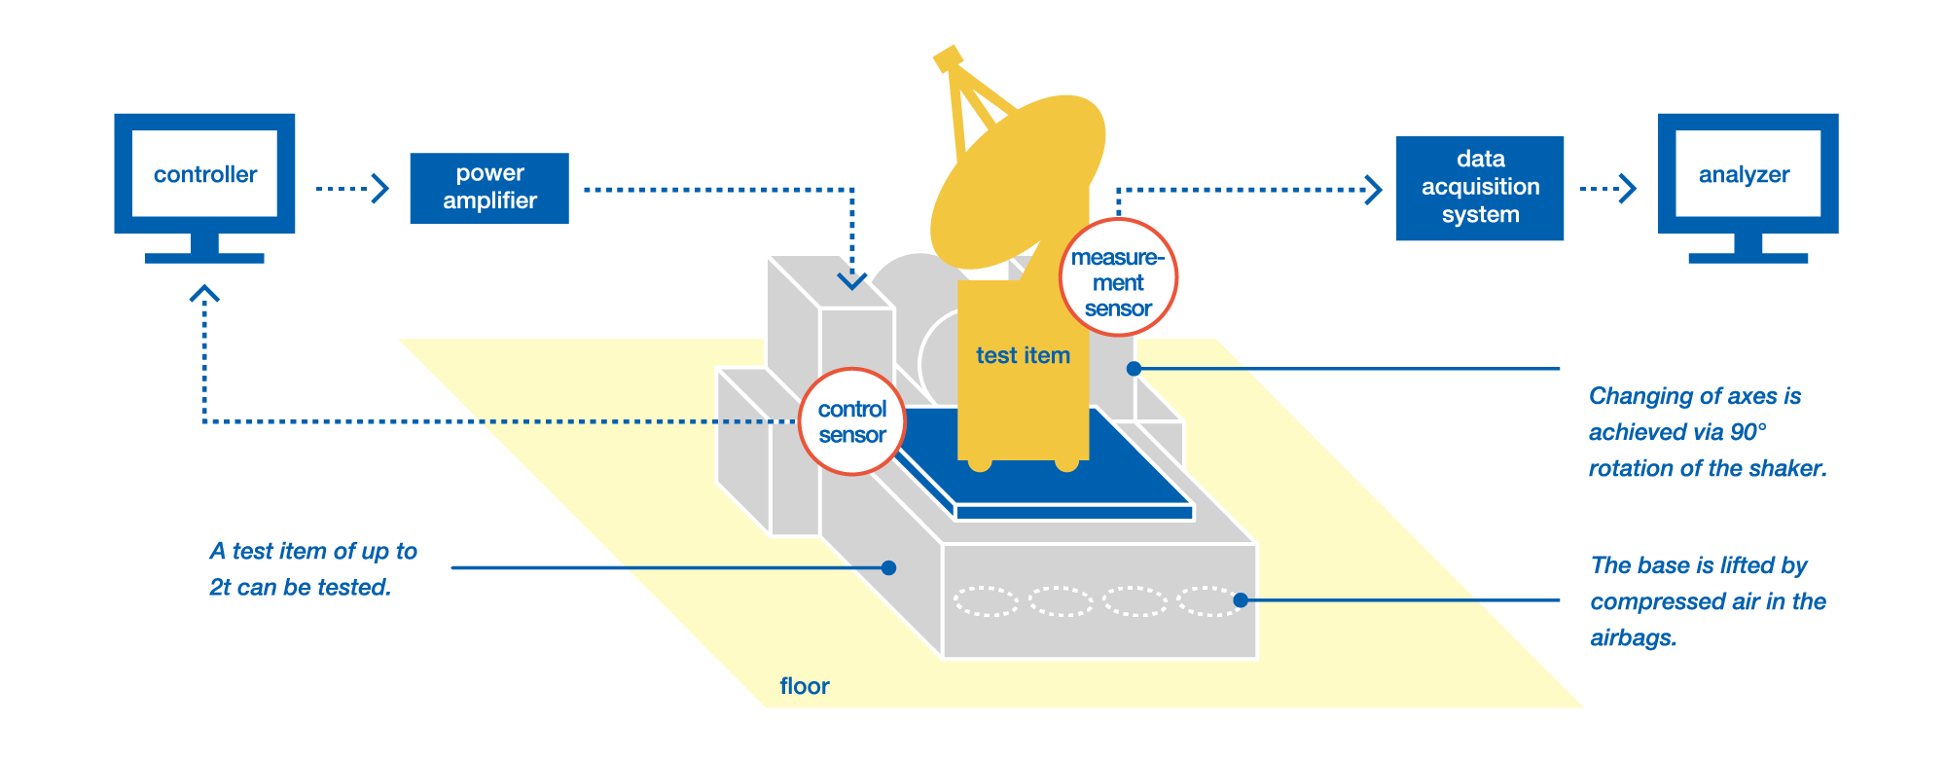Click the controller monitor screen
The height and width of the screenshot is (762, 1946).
[x=204, y=174]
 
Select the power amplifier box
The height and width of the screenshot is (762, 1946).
[x=489, y=188]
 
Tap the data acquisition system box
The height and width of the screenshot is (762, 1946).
[x=1480, y=188]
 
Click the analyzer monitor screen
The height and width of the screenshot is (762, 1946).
[x=1748, y=174]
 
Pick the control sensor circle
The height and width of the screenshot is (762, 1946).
[x=852, y=421]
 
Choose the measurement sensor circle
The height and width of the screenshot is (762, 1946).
[x=1118, y=279]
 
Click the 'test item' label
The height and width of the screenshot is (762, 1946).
[x=1023, y=356]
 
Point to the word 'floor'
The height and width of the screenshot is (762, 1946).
[x=805, y=686]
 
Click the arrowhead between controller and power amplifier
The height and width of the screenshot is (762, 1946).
[x=380, y=188]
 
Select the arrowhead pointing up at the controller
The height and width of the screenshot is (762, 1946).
[x=204, y=293]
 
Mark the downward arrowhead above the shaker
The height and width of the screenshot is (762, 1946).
[x=852, y=281]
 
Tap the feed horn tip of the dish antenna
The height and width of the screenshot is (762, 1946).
[x=947, y=57]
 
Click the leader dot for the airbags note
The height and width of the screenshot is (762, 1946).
[x=1241, y=600]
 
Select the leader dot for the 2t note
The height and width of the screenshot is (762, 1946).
[x=888, y=567]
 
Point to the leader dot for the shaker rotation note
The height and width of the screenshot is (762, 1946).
[x=1134, y=369]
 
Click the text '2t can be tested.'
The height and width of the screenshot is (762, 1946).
[x=300, y=588]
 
